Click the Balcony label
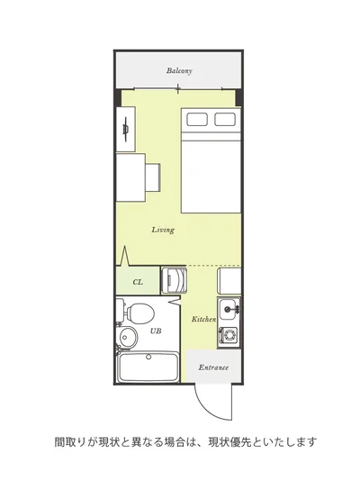(179, 71)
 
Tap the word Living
(163, 230)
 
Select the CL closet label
(138, 282)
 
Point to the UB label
(156, 331)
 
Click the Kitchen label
(204, 319)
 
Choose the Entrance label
(213, 368)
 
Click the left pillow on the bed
(197, 119)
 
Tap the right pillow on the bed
(225, 119)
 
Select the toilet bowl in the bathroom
(141, 313)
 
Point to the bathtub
(148, 368)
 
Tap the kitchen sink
(229, 309)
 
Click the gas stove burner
(229, 334)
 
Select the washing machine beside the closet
(174, 281)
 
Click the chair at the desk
(153, 177)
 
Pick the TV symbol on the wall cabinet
(126, 129)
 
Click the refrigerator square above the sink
(229, 281)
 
